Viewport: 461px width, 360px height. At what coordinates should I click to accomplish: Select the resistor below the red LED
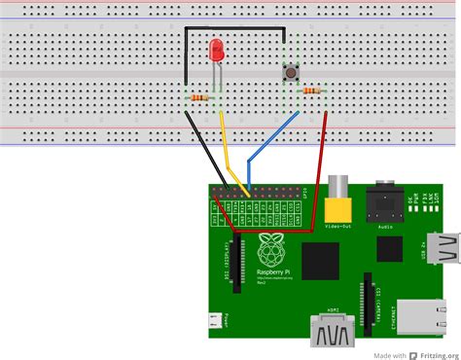[201, 97]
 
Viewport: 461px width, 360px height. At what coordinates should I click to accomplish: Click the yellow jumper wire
[230, 146]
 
